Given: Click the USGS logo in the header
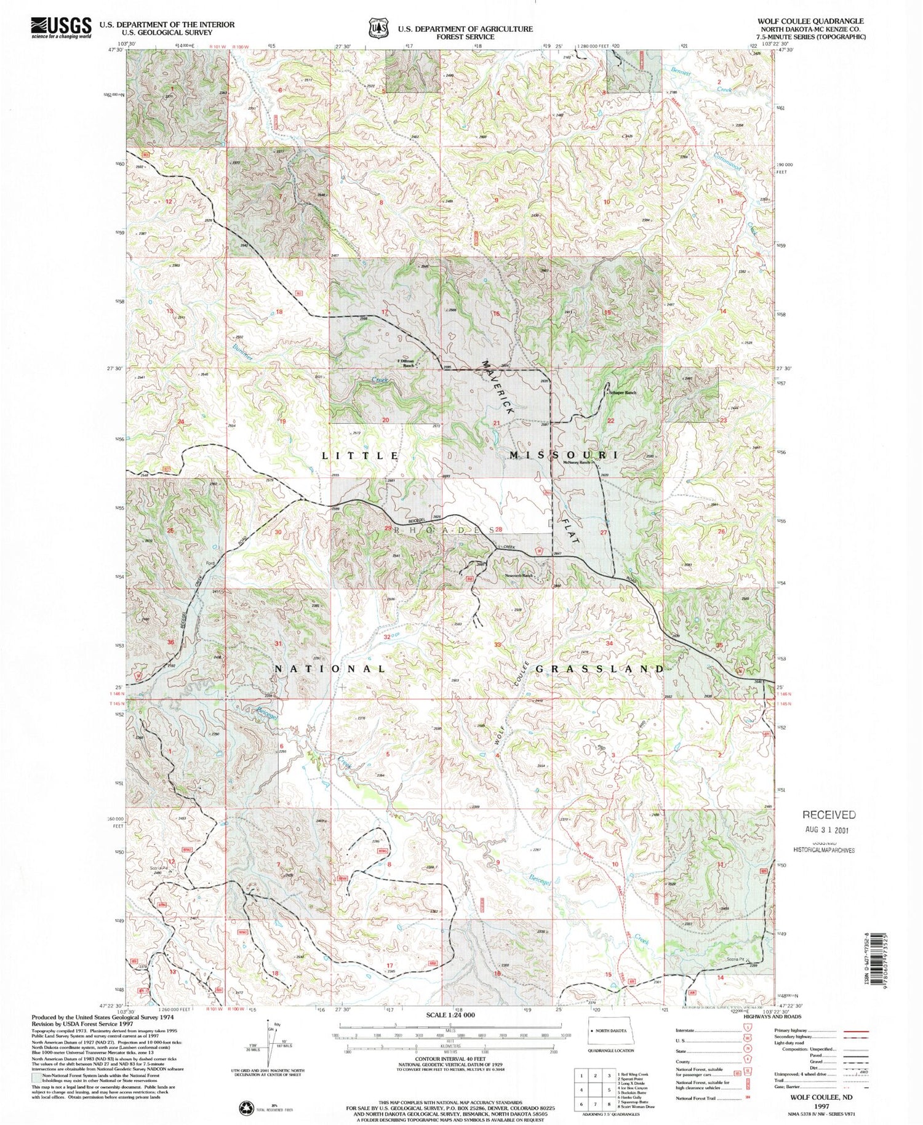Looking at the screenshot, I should coord(60,28).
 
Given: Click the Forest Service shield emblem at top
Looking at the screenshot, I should coord(378,28).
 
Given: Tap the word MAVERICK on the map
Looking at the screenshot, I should coord(497,389).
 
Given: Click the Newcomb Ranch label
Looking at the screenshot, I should coord(518,576).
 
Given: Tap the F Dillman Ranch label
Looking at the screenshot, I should coord(405,363).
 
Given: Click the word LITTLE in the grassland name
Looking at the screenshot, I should coord(361,455).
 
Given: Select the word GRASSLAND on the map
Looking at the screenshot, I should coord(599,669).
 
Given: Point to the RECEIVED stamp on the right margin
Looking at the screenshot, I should coord(829,814).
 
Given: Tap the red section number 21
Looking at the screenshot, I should coord(497,423).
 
